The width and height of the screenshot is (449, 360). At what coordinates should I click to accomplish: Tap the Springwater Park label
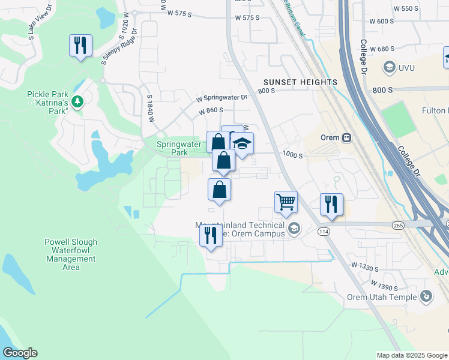(x=172, y=148)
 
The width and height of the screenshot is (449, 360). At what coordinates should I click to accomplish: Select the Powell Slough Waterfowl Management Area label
(x=71, y=254)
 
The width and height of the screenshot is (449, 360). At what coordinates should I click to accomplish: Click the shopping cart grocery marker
(x=286, y=202)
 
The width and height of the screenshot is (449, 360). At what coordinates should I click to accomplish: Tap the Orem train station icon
(x=346, y=137)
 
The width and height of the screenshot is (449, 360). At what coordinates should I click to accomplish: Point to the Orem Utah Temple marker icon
(x=426, y=296)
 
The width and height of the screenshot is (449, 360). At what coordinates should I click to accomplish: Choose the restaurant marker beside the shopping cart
(x=331, y=204)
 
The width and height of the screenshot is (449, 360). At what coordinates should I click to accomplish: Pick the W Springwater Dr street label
(x=221, y=97)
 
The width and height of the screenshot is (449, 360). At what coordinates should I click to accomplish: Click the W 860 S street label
(x=211, y=111)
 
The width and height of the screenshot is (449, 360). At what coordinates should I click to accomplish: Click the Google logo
(x=20, y=353)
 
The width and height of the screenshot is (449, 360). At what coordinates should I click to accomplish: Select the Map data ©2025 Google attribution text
(x=411, y=355)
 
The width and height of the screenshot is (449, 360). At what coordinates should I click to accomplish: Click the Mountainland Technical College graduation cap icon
(x=294, y=227)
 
